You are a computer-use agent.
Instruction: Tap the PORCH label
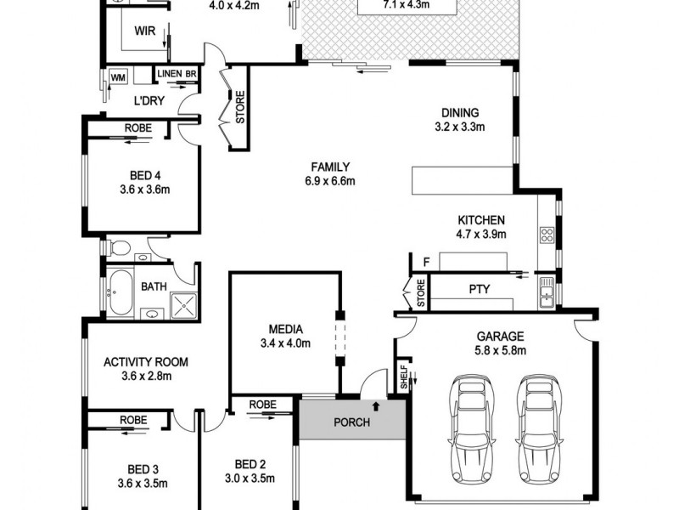click(x=351, y=422)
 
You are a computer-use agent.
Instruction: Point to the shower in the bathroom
click(x=182, y=305)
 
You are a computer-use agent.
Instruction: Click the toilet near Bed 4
click(x=120, y=249)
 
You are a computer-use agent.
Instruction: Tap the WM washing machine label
click(x=118, y=78)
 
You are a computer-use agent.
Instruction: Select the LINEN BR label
click(x=177, y=75)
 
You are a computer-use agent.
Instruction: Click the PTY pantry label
click(x=480, y=290)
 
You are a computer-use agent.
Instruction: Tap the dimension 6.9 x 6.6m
click(x=330, y=181)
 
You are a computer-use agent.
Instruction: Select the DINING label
click(x=460, y=112)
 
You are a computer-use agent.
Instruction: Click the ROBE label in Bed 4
click(x=137, y=127)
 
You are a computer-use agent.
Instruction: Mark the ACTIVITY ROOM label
click(x=146, y=362)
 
